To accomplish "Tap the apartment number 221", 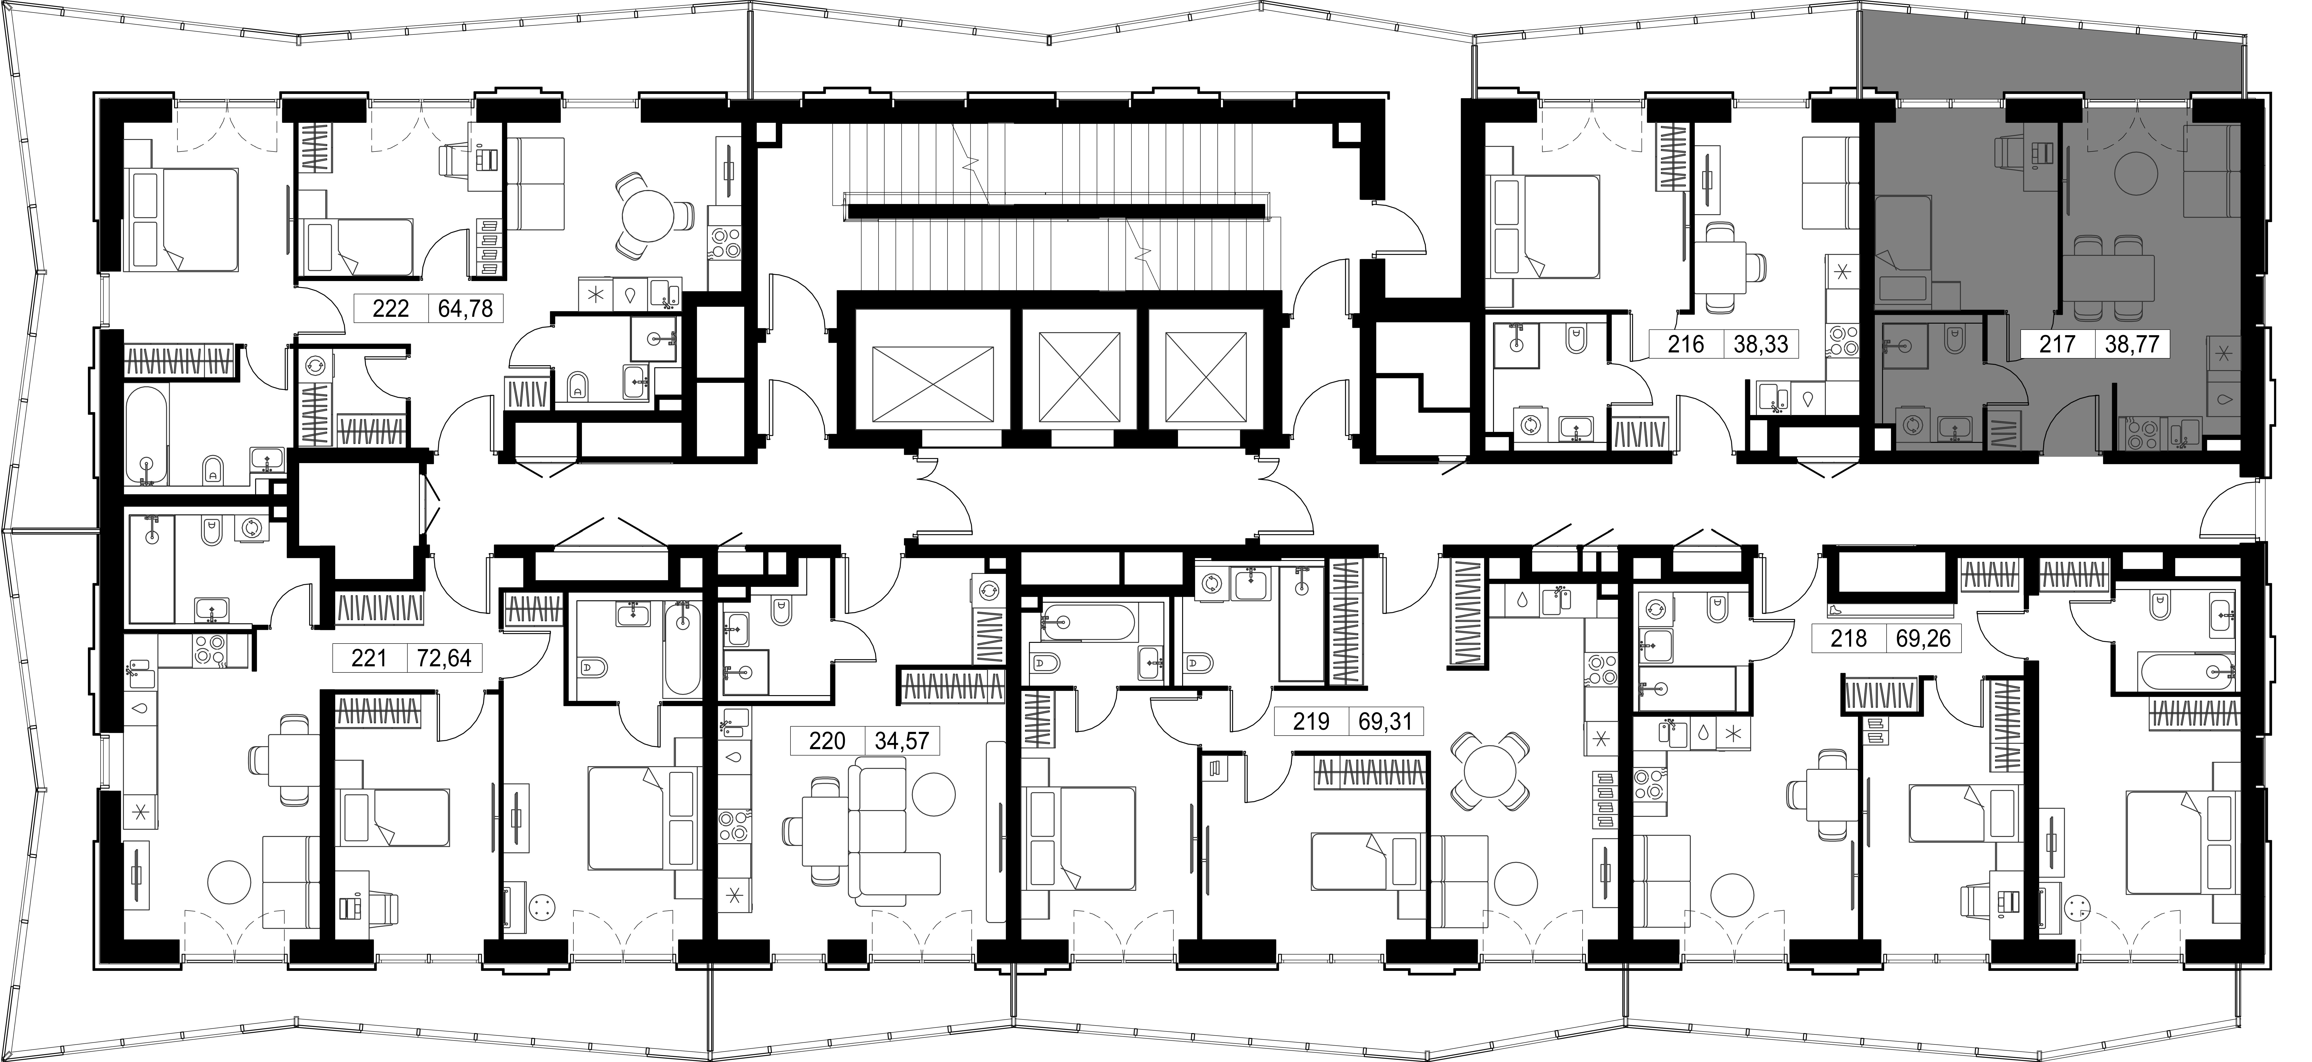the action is (369, 659).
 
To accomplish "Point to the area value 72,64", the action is (443, 659).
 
